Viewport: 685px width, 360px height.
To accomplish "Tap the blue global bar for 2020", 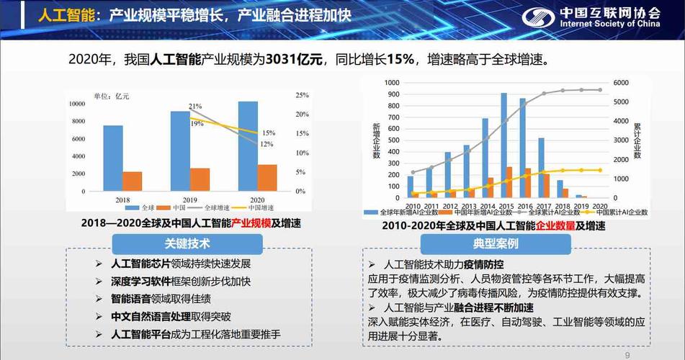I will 248,147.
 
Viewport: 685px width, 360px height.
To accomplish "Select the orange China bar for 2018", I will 132,182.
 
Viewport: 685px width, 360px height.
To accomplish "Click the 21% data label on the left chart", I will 195,107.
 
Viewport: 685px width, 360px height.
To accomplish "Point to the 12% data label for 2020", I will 267,144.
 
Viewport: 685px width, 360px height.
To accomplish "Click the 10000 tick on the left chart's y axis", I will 76,104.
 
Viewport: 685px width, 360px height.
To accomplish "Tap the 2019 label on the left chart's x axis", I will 189,199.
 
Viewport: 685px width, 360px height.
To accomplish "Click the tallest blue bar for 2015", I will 503,145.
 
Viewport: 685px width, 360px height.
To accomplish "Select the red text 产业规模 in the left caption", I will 251,224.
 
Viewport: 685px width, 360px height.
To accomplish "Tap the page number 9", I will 627,355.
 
